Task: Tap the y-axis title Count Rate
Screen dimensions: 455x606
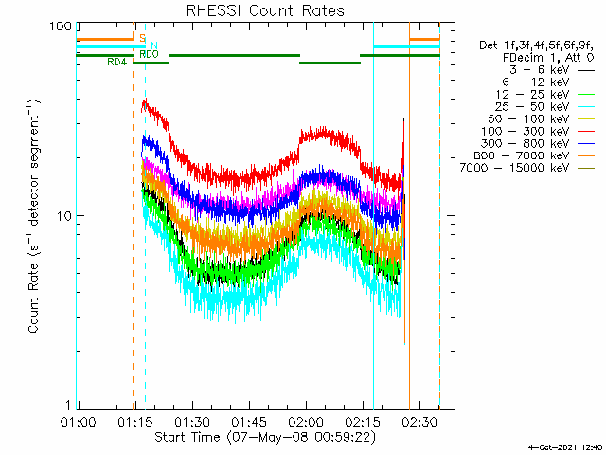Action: (x=34, y=216)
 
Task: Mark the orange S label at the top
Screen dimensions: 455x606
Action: (x=142, y=38)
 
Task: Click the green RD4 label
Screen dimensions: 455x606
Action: (x=116, y=63)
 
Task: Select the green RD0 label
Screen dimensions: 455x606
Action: (x=149, y=54)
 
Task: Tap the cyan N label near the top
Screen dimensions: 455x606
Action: (x=153, y=45)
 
